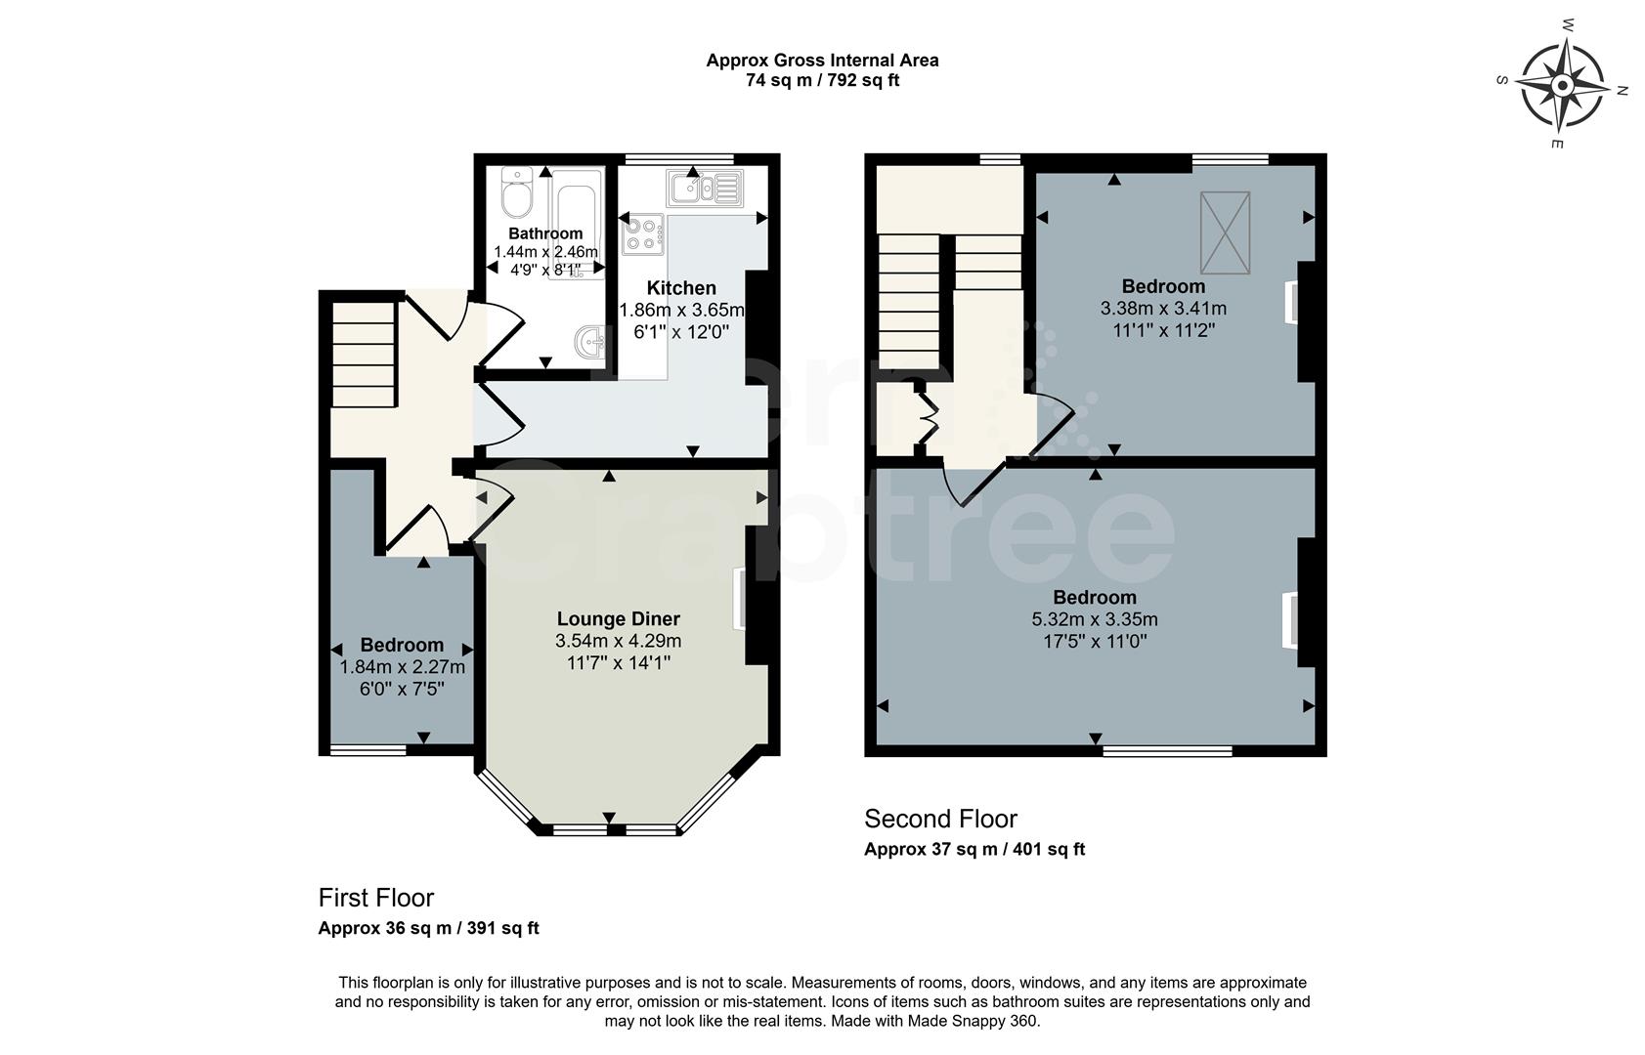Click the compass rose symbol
pos(1562,87)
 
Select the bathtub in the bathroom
pos(576,220)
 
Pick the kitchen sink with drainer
pos(706,186)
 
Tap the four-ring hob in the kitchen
pos(642,234)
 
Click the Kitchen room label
pos(681,288)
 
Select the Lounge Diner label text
pos(618,618)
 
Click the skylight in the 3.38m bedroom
pos(1225,232)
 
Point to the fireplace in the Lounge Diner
pos(740,598)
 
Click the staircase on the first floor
pos(364,354)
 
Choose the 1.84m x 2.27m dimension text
pos(402,667)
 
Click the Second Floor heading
pos(940,819)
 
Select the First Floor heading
pos(375,897)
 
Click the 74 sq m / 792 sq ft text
pos(822,81)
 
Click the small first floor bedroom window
pos(368,750)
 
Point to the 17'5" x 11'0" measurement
pos(1094,642)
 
